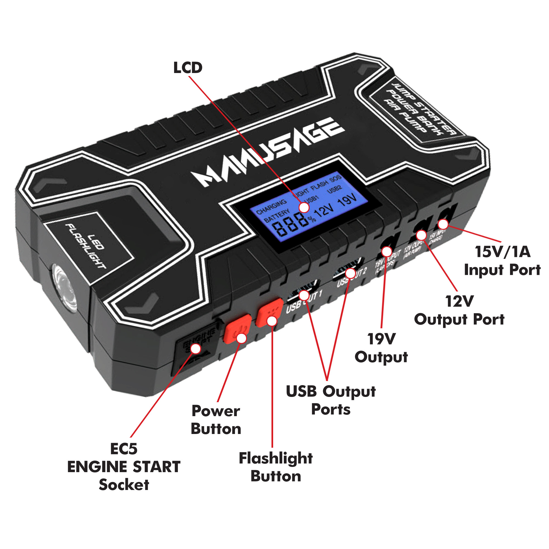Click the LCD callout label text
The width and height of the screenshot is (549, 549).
[188, 68]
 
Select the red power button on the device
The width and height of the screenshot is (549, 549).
[237, 329]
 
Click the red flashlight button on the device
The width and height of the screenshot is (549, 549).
[269, 312]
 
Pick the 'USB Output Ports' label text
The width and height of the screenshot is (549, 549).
[331, 400]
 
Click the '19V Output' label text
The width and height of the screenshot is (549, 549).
[381, 348]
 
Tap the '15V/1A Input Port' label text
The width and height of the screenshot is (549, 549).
[502, 261]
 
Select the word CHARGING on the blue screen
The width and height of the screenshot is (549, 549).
[271, 207]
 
